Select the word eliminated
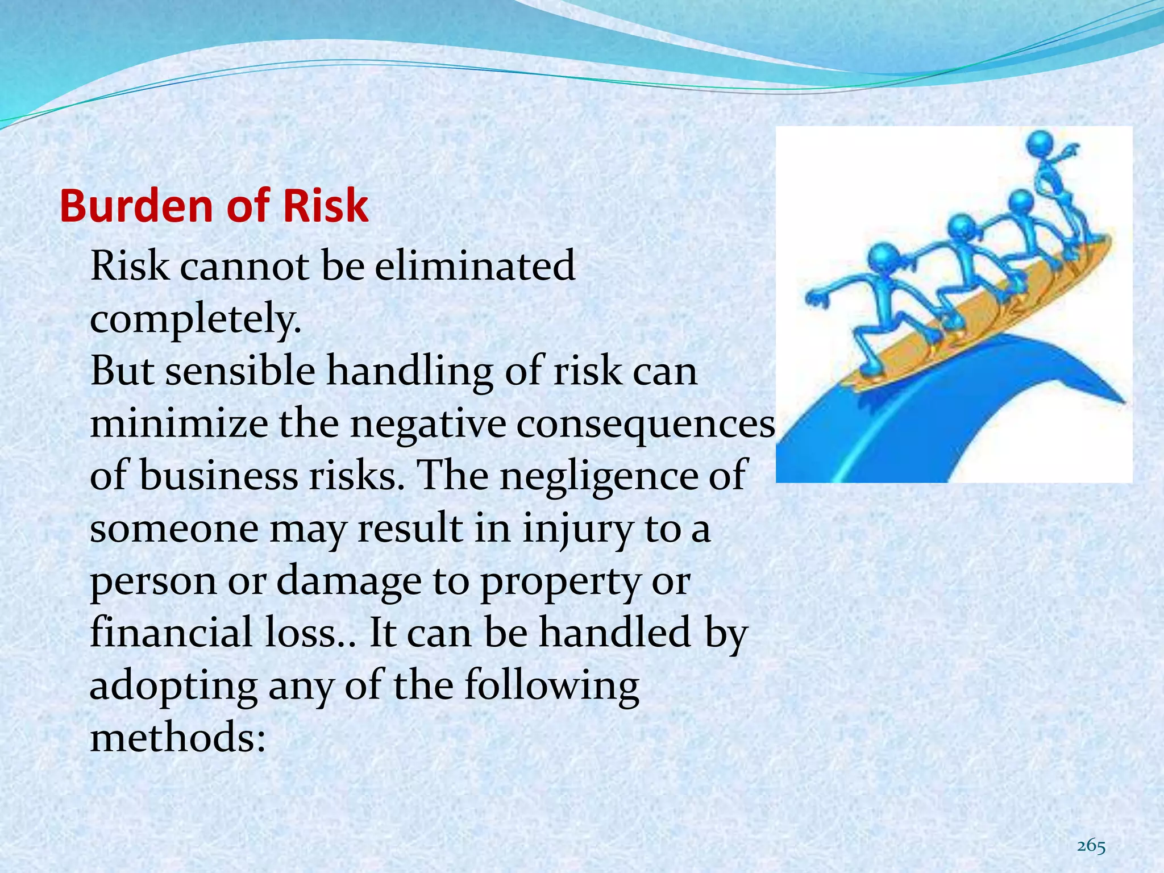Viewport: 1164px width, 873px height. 475,265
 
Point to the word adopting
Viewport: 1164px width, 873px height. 173,686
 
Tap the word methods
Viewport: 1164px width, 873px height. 177,738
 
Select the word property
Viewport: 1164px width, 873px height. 560,583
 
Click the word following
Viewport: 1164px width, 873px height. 551,686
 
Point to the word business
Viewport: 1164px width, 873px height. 219,476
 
